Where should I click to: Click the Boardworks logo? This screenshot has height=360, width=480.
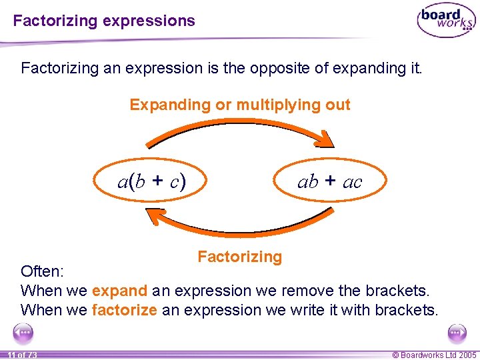pos(446,21)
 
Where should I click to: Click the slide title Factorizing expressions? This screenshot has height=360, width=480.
pos(104,21)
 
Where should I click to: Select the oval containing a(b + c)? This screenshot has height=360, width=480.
pos(152,181)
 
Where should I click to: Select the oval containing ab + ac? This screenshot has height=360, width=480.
pos(329,181)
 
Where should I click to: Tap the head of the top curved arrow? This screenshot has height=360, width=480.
pos(324,139)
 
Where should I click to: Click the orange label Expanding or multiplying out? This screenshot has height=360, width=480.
pos(240,105)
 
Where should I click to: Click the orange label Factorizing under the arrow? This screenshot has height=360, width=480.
pos(240,257)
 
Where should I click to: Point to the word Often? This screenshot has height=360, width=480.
pos(43,271)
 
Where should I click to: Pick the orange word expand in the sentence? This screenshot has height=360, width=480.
pos(119,291)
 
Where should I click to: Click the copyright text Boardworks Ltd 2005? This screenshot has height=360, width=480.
pos(434,355)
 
